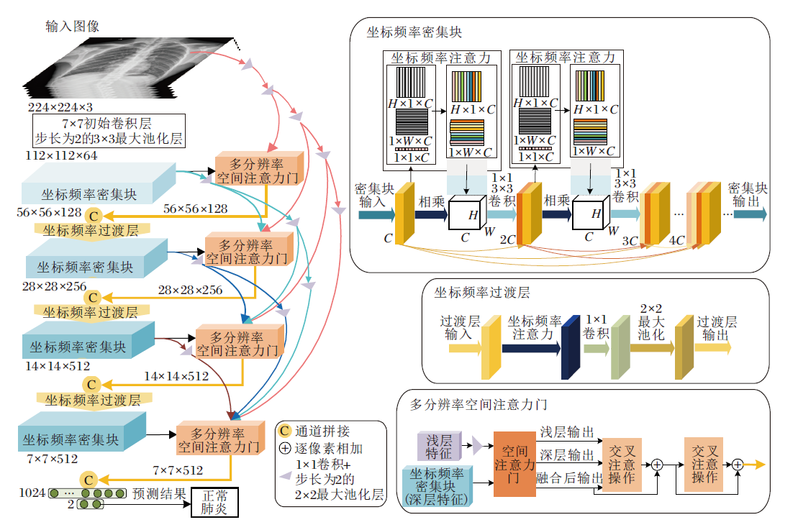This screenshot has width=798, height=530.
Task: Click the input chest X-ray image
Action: [x=137, y=68]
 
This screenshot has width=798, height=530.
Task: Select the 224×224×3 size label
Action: [x=60, y=108]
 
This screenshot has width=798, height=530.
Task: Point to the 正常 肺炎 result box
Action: [x=214, y=502]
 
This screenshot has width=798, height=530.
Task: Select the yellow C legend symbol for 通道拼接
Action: [x=285, y=431]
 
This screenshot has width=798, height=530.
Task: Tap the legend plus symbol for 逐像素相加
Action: [x=285, y=448]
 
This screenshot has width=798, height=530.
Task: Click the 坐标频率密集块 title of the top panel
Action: [x=414, y=32]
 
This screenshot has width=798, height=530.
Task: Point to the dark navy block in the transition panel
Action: [x=571, y=347]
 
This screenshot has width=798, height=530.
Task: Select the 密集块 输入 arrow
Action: [x=374, y=214]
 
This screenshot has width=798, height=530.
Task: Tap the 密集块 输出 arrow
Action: [x=750, y=214]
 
